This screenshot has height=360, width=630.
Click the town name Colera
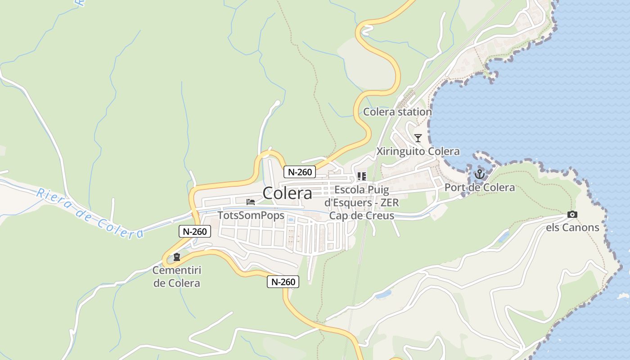(x=287, y=193)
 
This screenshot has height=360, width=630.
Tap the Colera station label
(x=397, y=112)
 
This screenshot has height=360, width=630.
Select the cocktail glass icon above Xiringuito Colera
(x=418, y=138)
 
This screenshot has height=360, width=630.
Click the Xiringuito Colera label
(x=418, y=151)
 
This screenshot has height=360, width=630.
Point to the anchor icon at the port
(x=480, y=174)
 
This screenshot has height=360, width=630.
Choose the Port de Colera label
(x=480, y=187)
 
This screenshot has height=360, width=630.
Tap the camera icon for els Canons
(x=572, y=214)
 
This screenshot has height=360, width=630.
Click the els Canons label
(x=572, y=227)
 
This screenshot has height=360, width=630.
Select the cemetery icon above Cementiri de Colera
(x=177, y=257)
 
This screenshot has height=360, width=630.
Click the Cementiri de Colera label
(x=176, y=277)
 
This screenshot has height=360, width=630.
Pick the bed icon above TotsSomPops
(x=251, y=202)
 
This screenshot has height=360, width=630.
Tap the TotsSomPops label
(x=251, y=215)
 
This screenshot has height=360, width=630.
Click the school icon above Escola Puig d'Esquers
(x=362, y=176)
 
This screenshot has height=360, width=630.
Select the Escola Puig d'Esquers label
(x=362, y=196)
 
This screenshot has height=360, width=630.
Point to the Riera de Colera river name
(x=90, y=213)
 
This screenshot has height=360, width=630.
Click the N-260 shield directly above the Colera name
(x=300, y=171)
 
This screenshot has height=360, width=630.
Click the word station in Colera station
(x=415, y=112)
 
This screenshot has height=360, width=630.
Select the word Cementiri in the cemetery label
(x=176, y=270)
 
